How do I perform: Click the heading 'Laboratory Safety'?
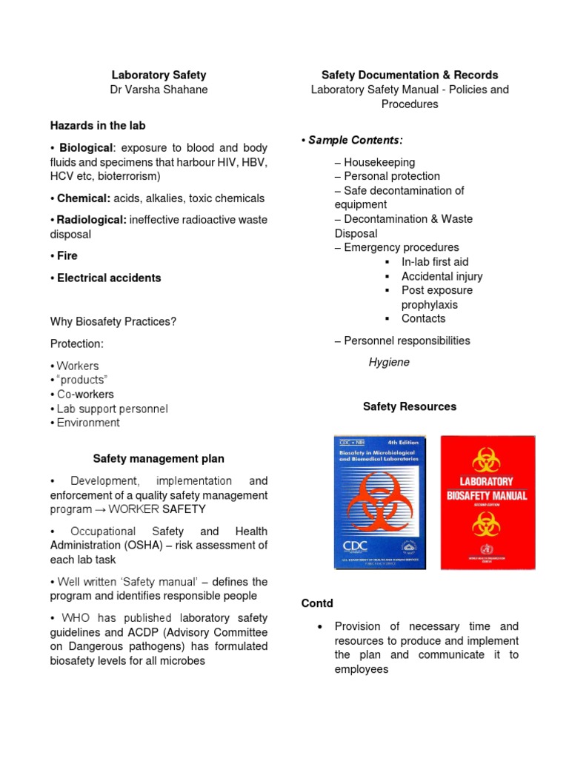159,75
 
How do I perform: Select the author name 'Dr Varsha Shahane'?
159,90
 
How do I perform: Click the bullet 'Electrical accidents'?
108,278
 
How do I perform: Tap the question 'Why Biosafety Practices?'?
113,322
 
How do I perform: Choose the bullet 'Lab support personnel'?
112,409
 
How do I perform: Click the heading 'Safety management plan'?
159,459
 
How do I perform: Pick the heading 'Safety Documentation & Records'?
410,75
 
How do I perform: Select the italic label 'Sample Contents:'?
355,141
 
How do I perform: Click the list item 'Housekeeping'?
379,162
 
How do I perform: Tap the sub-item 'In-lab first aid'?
435,262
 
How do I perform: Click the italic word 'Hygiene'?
389,363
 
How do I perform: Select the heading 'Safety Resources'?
410,406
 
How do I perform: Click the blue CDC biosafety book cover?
380,502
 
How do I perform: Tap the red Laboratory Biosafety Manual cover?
488,502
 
